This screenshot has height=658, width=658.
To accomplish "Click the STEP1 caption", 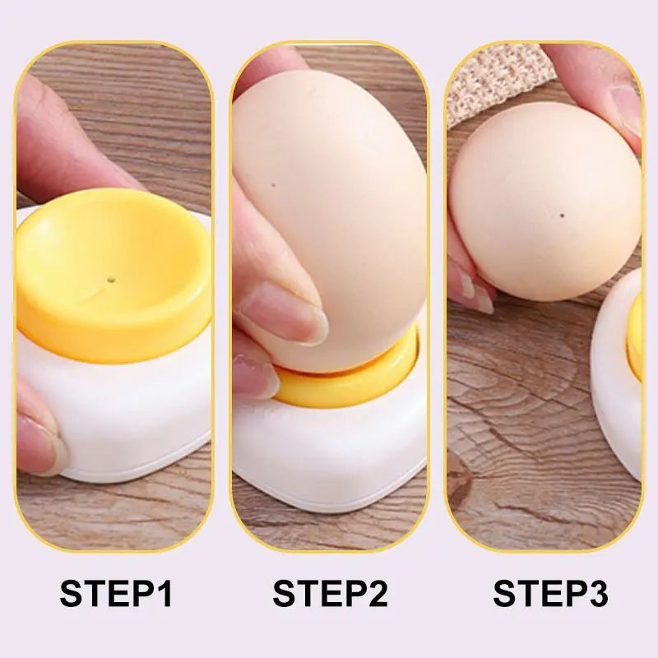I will coord(116,593).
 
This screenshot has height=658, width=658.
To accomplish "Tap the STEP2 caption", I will coord(330,593).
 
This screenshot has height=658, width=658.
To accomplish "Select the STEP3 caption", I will coord(550,593).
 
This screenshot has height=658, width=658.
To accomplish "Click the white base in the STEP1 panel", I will coord(123,411).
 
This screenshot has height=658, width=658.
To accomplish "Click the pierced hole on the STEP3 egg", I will coord(561,217).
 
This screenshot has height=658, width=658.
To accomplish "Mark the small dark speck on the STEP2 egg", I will coord(273,187).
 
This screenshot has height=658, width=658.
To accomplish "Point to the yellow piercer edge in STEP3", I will coord(634,337).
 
